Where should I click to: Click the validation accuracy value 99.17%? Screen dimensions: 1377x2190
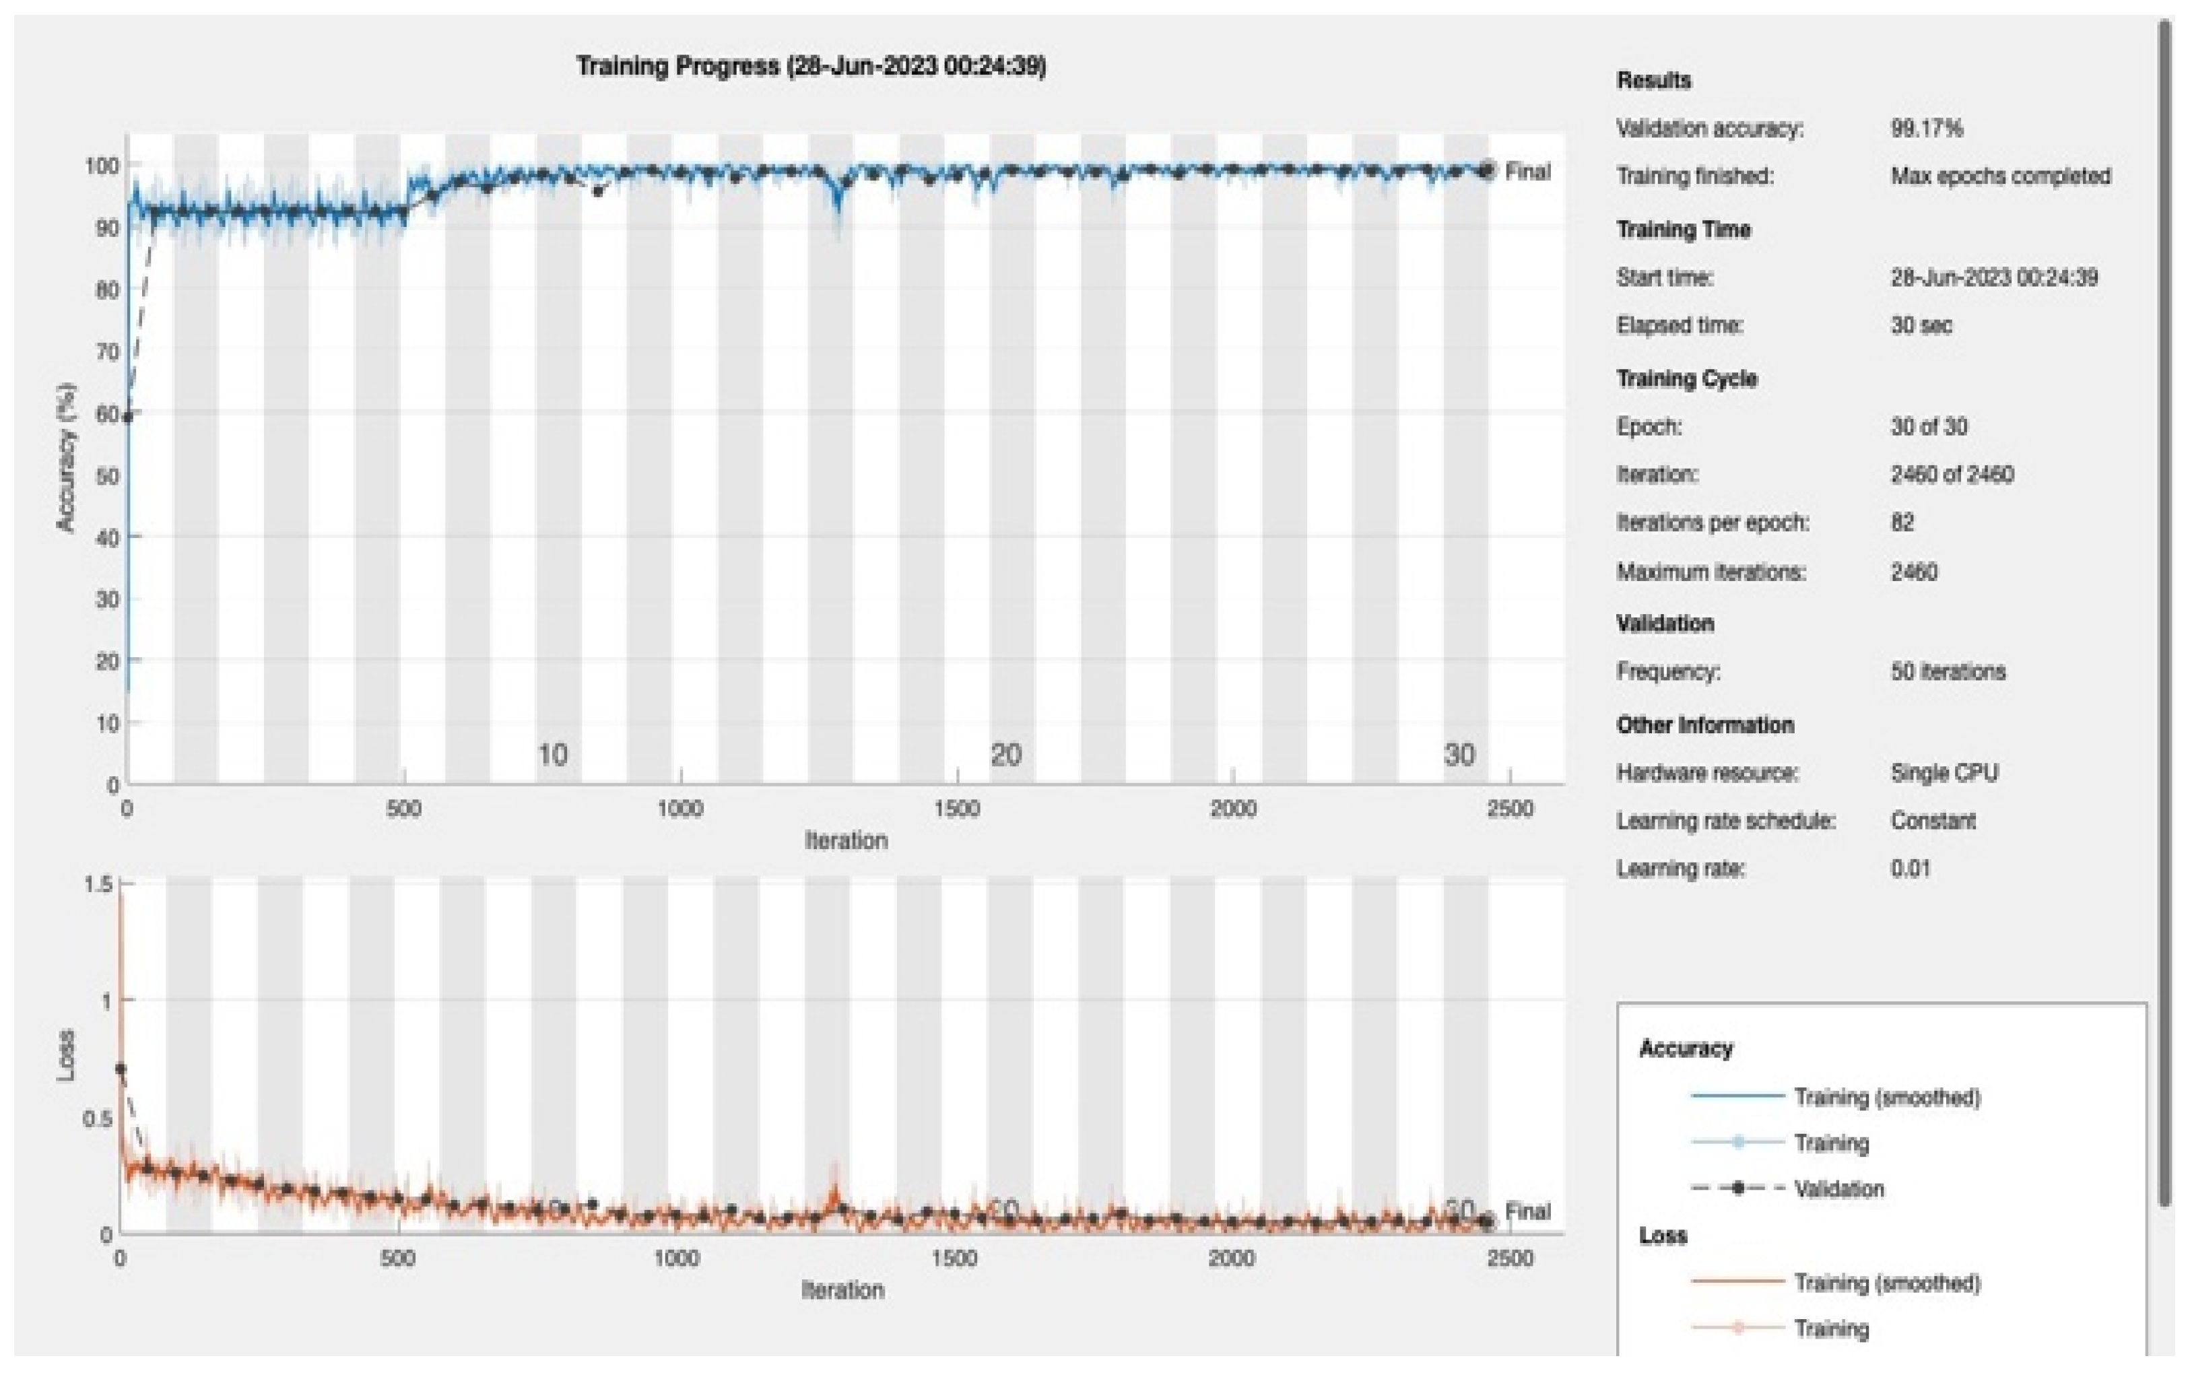coord(1926,128)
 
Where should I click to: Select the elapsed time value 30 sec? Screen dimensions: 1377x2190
coord(1921,325)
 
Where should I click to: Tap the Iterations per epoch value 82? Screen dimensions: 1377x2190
coord(1902,522)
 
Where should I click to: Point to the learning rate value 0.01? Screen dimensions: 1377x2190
coord(1910,868)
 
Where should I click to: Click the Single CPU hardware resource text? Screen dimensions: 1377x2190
coord(1944,772)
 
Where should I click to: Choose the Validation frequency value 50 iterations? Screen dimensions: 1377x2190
coord(1947,671)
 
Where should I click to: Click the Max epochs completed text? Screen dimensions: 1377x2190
coord(2000,176)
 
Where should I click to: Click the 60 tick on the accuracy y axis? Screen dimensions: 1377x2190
coord(107,414)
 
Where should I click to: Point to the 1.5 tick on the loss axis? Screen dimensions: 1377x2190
coord(98,883)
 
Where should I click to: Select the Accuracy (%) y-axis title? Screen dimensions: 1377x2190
coord(65,457)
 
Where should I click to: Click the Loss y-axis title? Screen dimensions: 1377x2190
coord(65,1055)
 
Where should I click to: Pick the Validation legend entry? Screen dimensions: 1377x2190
coord(1838,1188)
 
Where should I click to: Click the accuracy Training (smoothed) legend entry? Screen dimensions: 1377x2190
coord(1886,1097)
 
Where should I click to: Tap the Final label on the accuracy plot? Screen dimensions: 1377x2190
coord(1528,171)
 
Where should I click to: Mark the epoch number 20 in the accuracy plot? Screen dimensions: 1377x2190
coord(1005,754)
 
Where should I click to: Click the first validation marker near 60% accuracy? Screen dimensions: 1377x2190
coord(128,417)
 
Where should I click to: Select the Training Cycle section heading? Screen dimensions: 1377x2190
coord(1686,378)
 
